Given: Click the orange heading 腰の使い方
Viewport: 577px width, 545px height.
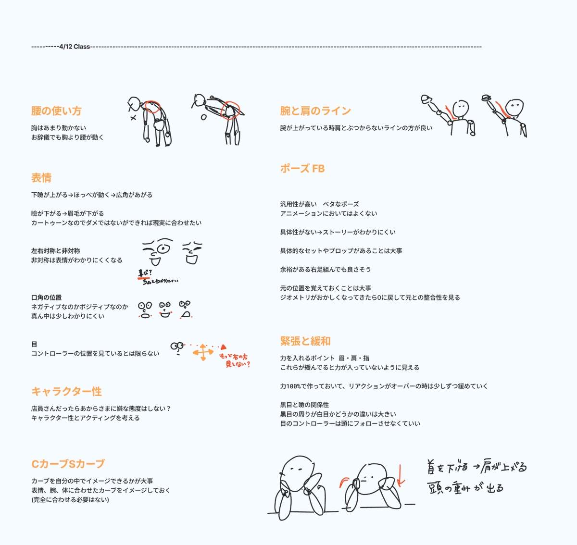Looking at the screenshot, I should (x=56, y=111).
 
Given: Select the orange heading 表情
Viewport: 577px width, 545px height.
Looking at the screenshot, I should (x=41, y=178).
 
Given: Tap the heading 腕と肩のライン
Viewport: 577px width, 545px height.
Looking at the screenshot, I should (x=315, y=111).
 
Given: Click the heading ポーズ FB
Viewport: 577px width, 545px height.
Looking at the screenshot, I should (x=302, y=169).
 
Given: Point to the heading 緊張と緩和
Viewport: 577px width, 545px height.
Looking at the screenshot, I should (x=305, y=341).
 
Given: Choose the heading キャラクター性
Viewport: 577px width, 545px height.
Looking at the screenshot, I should (x=66, y=392).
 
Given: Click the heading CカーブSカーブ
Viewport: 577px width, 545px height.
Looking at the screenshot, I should (x=68, y=464).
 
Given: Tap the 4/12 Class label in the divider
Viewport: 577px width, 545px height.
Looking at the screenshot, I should (x=75, y=47).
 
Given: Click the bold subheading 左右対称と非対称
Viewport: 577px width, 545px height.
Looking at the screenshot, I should (x=55, y=251).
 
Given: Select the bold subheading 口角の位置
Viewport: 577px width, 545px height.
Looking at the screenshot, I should (x=46, y=297).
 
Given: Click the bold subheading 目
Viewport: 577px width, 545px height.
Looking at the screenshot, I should (x=34, y=344).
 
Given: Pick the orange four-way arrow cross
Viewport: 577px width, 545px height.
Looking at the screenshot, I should (x=203, y=352).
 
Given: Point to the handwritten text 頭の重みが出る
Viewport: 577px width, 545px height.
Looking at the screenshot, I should (x=465, y=488).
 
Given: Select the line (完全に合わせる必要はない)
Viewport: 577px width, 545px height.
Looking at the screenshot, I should (x=70, y=500).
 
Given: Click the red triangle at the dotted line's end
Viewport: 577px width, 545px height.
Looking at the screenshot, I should (x=223, y=347).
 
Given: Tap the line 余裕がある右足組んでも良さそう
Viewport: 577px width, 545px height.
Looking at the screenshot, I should (x=326, y=270).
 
